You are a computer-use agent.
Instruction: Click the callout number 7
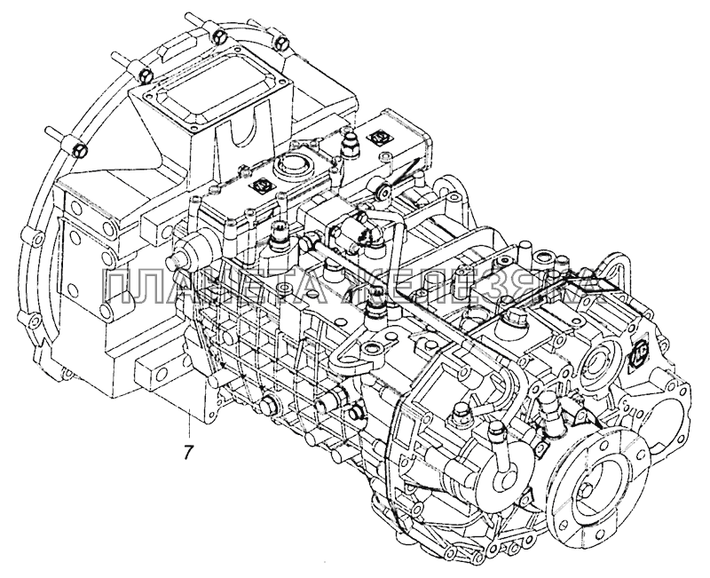pyautogui.click(x=187, y=450)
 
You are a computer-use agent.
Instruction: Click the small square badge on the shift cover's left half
pyautogui.click(x=263, y=186)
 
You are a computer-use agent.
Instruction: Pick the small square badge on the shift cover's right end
pyautogui.click(x=379, y=139)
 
